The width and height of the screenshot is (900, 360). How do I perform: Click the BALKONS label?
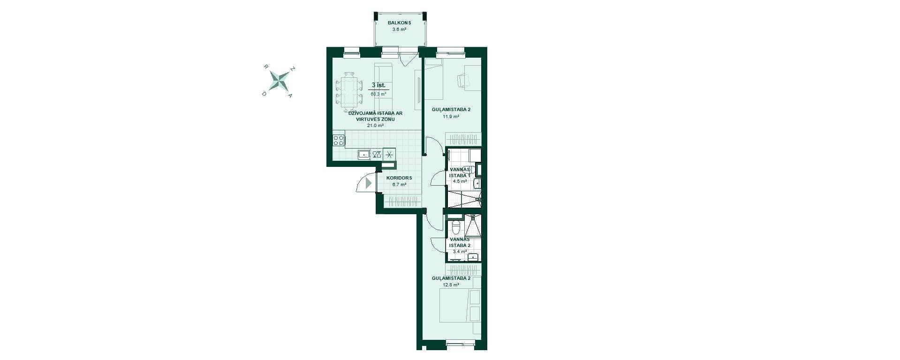[399, 23]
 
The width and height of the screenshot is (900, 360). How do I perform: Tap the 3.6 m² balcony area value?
[399, 30]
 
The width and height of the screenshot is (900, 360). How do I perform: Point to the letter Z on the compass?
[293, 69]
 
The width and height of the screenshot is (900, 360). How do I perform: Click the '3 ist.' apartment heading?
[378, 85]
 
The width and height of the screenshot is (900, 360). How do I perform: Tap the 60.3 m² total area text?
[378, 94]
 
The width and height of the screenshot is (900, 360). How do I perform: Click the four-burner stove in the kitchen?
[339, 140]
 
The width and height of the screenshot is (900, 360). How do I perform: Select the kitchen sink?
[363, 154]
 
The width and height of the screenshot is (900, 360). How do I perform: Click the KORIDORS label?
[399, 178]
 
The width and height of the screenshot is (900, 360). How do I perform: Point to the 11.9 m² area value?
[451, 116]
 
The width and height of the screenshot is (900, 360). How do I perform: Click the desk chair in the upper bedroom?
[463, 81]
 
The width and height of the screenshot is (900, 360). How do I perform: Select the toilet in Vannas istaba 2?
[455, 227]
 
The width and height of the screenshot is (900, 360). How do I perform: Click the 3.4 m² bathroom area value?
[460, 252]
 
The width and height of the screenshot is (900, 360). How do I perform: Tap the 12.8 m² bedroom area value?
[451, 285]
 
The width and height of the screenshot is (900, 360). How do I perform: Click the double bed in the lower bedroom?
[460, 305]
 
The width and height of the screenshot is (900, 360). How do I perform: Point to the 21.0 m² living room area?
[376, 126]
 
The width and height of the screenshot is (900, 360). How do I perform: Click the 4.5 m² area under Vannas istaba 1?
[460, 181]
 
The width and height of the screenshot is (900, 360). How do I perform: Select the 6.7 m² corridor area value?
[399, 185]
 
